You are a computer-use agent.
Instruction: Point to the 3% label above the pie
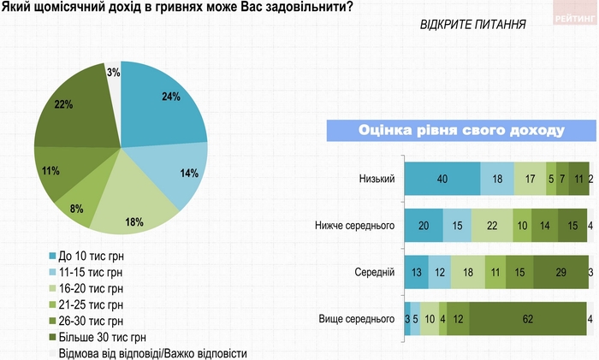(x=113, y=73)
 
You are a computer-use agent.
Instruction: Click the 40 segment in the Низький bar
(x=442, y=178)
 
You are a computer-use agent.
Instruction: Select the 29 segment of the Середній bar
(x=559, y=273)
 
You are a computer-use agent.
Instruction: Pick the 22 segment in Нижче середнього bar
(x=490, y=226)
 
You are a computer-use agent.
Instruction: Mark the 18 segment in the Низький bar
(x=497, y=178)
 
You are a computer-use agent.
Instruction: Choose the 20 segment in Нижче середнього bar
(x=423, y=226)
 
